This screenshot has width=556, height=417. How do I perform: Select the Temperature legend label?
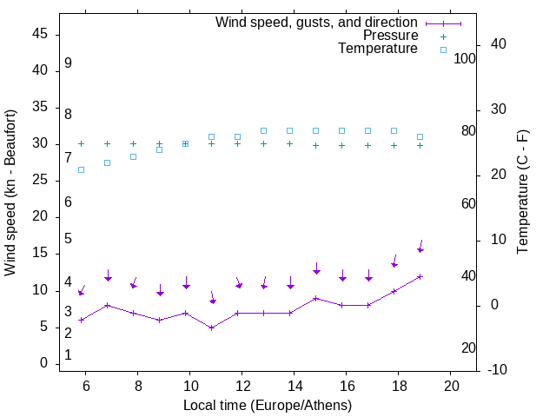pos(377,49)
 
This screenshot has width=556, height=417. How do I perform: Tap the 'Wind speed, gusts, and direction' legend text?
pos(316,22)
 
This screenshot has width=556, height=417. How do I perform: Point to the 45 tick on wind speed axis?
pos(40,34)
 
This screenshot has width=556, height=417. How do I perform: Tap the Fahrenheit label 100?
pos(465,58)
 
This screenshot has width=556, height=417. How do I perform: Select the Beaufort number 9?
pos(68,63)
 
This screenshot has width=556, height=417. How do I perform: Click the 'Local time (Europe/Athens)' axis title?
pos(268,405)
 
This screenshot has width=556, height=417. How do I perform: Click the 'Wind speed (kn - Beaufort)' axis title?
pos(10,193)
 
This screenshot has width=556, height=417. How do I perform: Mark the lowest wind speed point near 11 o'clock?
pos(211,328)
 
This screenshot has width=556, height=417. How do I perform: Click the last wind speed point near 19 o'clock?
pos(420,276)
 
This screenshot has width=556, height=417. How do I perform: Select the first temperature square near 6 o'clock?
pos(81,169)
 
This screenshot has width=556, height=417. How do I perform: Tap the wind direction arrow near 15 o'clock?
pos(316,268)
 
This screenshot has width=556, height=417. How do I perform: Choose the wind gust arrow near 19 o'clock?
pos(420,247)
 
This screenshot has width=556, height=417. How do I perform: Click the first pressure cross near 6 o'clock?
pos(81,144)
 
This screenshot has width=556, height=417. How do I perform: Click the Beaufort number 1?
pos(68,355)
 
